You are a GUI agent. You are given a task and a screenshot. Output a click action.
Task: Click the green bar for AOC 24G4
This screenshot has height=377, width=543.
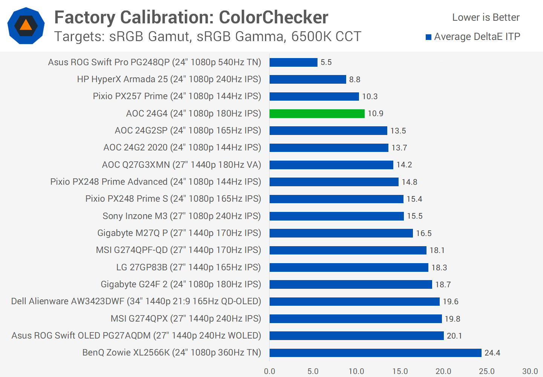pos(317,113)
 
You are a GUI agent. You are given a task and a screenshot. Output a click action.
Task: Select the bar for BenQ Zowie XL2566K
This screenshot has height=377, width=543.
pos(375,353)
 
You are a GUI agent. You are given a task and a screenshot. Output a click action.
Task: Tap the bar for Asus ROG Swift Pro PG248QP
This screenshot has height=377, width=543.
pos(293,62)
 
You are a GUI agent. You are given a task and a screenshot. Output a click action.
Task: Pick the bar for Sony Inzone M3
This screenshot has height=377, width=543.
pos(336,216)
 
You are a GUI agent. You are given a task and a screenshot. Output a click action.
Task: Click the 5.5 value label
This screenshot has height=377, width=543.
pos(326,62)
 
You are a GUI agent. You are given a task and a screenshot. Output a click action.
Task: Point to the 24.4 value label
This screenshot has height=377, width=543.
pos(492,353)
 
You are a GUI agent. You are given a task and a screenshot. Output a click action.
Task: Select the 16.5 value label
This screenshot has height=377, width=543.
pos(423,233)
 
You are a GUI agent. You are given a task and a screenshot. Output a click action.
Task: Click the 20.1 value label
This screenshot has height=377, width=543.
pos(454,336)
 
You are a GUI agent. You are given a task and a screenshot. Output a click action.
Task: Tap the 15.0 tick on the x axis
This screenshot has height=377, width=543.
pos(400,371)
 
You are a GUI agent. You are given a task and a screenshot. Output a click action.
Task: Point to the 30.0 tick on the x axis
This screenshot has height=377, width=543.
pos(530,371)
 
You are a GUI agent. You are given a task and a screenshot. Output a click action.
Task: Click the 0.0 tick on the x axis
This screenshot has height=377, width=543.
pos(270,371)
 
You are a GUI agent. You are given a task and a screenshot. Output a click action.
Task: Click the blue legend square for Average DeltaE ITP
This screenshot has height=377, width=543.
pos(428,37)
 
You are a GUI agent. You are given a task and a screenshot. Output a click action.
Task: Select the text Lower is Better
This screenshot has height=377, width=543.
pos(486,17)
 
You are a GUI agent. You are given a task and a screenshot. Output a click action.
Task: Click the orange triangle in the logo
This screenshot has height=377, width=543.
pos(26,25)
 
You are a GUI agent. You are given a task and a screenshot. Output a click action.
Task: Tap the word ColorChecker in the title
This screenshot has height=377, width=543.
pos(273,17)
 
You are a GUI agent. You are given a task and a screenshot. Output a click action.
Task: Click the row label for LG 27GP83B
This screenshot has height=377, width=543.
pos(188,267)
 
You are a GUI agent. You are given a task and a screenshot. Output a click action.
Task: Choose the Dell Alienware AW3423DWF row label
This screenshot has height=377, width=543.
pos(136,301)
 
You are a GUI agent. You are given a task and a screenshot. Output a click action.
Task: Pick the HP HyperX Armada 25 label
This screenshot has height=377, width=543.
pos(169,79)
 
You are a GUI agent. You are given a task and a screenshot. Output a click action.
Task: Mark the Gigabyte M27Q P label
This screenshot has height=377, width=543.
pos(179,233)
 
